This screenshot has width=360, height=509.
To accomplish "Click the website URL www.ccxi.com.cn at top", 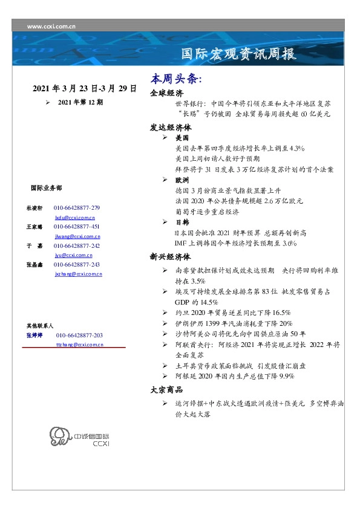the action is [x=51, y=27].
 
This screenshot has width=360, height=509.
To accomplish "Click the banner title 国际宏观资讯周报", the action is [x=239, y=54].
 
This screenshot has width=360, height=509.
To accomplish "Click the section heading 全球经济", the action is [x=166, y=93].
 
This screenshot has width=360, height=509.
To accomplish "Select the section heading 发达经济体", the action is [x=171, y=128].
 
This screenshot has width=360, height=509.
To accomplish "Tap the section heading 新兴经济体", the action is [x=171, y=256].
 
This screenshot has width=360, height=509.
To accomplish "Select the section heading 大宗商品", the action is [x=166, y=390].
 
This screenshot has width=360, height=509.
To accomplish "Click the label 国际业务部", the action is [x=45, y=187].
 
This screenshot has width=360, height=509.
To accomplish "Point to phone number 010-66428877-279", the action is [x=78, y=208].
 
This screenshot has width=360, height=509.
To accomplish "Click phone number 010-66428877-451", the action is [x=78, y=227].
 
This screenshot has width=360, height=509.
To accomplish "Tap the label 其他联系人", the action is [x=39, y=325].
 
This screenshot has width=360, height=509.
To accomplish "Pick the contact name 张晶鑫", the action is [x=34, y=265].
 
